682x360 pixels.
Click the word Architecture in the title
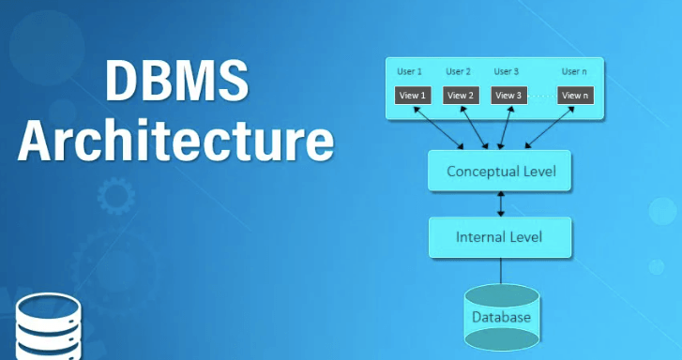(175, 141)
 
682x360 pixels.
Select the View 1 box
(413, 95)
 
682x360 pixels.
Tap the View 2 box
(461, 95)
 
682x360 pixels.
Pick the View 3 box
(508, 95)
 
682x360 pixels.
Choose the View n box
(574, 95)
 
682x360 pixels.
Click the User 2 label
(458, 71)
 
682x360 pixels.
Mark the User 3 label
(507, 71)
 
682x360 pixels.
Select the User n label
(574, 71)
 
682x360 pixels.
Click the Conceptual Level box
(500, 172)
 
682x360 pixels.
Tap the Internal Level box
(499, 236)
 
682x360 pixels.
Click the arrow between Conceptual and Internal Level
(502, 203)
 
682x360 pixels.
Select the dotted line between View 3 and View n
(541, 96)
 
